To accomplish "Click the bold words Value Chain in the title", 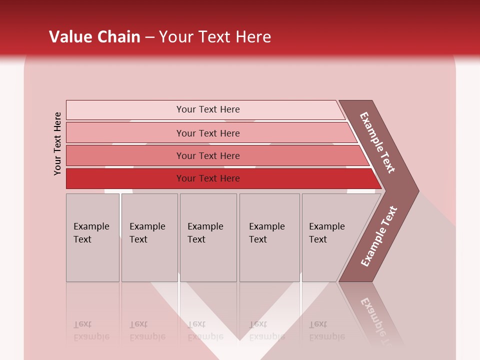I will coord(94,37).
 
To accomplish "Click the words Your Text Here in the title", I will coord(215,37).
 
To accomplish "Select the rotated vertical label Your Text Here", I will coord(57,143).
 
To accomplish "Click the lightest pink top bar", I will coord(207,109).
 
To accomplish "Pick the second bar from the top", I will coord(207,133).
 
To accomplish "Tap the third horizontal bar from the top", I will coord(207,155).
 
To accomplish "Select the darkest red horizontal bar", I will coord(207,178).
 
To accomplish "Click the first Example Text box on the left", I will coord(92,237).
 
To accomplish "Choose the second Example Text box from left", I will coord(149,237).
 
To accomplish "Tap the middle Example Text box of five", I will coord(208,237).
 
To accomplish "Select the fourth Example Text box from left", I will coord(269,237).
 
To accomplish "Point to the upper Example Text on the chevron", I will coord(378,142).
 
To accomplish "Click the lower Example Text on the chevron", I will coord(378,236).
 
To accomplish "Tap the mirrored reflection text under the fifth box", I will coord(326,330).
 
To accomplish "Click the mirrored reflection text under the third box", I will coord(205,330).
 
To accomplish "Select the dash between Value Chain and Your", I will coord(149,37).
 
